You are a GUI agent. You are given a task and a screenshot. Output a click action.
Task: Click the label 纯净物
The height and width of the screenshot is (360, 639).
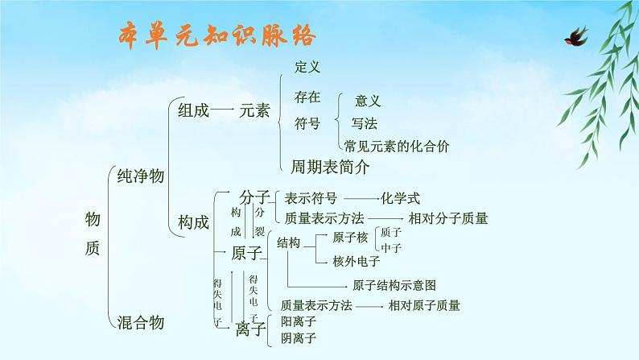(141, 176)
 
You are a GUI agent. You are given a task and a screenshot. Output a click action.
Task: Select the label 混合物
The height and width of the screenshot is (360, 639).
(141, 322)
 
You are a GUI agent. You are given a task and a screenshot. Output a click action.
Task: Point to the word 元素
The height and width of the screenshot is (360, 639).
(255, 112)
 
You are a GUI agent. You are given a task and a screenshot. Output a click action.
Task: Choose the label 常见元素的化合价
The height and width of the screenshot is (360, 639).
(396, 146)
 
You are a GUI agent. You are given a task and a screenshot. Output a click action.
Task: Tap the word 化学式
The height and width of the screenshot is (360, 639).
(400, 197)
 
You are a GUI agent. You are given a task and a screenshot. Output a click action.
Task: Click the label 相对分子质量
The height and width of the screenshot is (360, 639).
(448, 217)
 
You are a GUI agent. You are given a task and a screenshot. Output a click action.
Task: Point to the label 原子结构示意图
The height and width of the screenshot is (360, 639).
(394, 285)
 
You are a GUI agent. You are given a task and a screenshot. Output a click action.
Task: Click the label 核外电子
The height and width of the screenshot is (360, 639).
(357, 260)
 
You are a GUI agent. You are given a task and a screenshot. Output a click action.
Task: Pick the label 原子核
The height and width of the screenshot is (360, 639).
(350, 238)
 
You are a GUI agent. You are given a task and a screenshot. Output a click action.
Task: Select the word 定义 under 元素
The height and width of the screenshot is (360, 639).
(307, 67)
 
